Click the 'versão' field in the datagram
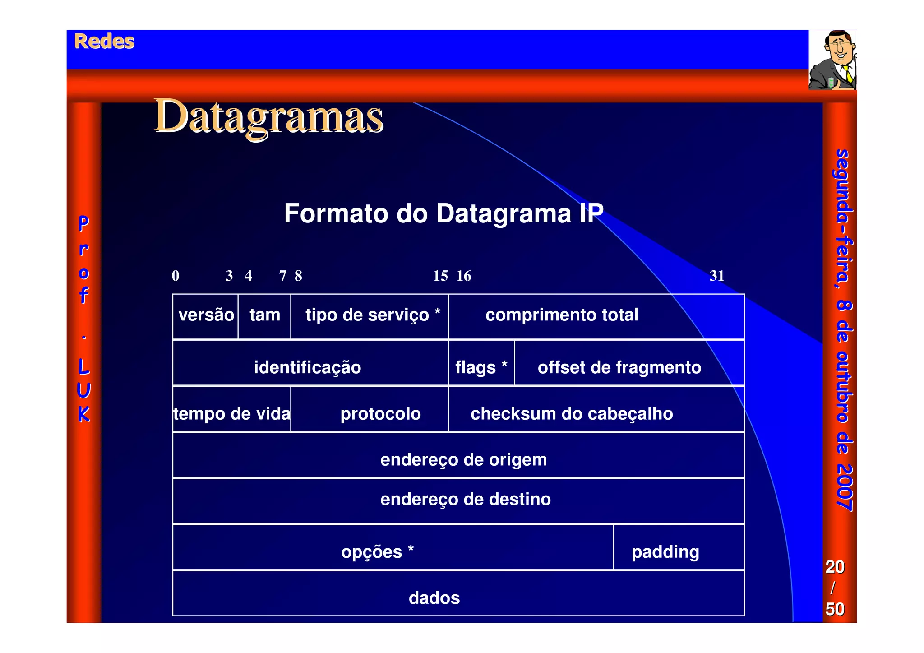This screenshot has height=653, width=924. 206,315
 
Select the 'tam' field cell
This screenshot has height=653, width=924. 265,315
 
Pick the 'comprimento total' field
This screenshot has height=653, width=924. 562,315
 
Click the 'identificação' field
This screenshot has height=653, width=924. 308,367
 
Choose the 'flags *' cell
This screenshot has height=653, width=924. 481,367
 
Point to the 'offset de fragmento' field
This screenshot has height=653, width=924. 619,367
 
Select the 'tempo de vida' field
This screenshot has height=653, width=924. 232,413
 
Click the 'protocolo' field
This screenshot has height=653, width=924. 380,413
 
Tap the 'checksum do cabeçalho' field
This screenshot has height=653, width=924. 572,413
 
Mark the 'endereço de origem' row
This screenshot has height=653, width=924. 463,460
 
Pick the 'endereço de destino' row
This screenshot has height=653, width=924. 465,500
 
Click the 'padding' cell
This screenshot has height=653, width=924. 665,552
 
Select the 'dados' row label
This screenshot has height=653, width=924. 434,598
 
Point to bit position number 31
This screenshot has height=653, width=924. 716,276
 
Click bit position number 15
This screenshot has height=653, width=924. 440,276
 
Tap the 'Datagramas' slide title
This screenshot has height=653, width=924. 269,117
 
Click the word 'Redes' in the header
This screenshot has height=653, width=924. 104,42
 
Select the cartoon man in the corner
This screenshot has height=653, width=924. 832,60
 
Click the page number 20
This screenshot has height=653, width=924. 835,567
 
